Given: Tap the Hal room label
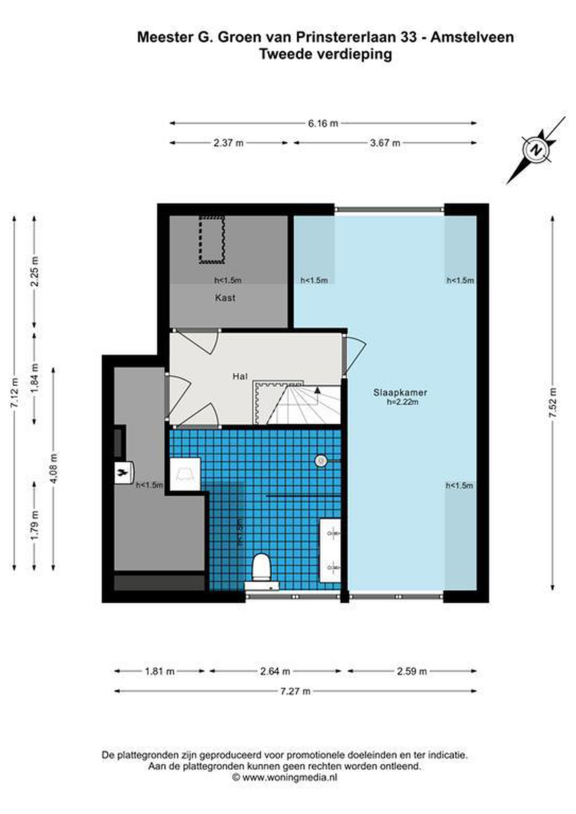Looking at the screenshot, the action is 240,376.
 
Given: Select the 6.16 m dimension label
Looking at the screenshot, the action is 323,124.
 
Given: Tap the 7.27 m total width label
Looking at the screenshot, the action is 295,691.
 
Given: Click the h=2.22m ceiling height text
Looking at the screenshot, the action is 403,402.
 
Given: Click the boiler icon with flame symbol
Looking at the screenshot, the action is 124,473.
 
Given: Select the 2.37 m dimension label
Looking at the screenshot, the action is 228,143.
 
